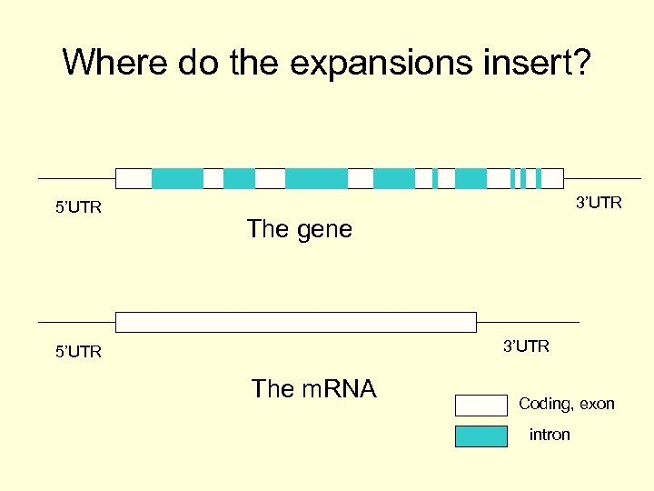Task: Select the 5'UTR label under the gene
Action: [x=79, y=207]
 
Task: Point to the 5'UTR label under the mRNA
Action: [x=79, y=351]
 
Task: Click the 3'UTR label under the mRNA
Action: [x=526, y=346]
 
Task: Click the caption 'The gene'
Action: [x=299, y=229]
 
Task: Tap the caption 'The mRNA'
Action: [x=313, y=389]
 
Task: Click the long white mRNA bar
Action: [x=295, y=322]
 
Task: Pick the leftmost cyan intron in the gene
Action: [x=177, y=178]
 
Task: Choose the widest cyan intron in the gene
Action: [x=316, y=178]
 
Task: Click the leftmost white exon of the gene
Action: [x=134, y=178]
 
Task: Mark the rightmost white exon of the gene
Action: [x=552, y=178]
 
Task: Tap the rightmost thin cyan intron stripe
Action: [x=539, y=178]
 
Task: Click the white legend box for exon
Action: [x=481, y=406]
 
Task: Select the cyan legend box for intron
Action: [x=481, y=436]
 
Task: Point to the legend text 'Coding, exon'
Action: [x=567, y=404]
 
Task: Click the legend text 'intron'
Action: [x=550, y=435]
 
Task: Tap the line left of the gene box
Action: [x=76, y=178]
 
